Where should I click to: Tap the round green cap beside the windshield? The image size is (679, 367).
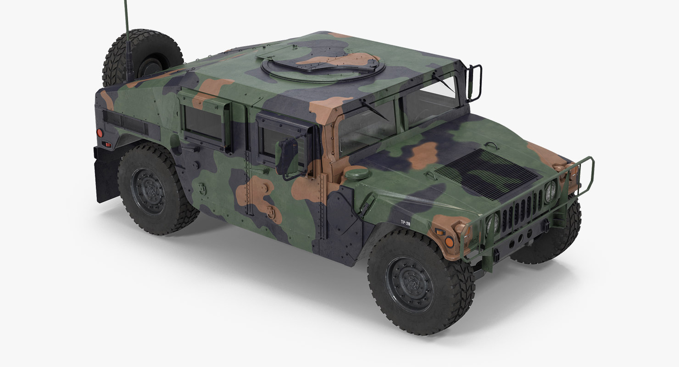[x=356, y=173]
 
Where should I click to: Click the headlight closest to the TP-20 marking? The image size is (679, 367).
[x=493, y=223]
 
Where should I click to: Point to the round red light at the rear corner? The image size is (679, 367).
[x=99, y=133]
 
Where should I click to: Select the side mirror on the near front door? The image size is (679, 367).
[x=287, y=156]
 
